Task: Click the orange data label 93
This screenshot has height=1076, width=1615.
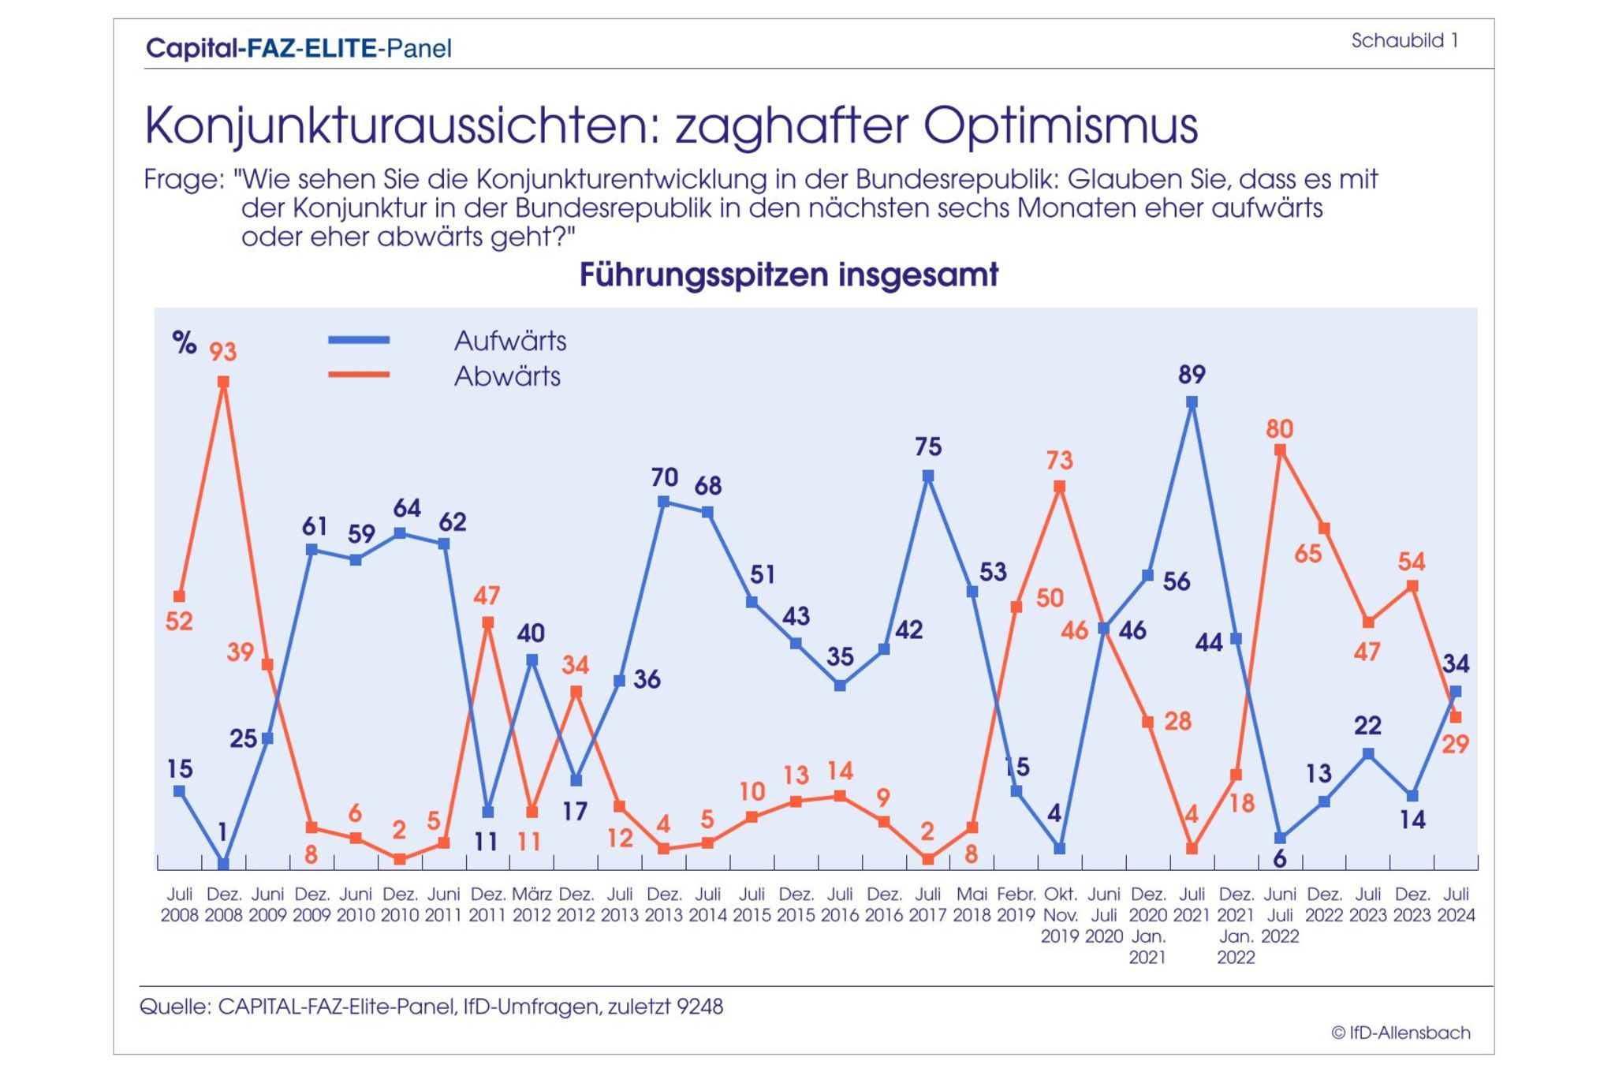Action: pos(222,352)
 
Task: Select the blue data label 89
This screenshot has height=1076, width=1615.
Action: pos(1192,375)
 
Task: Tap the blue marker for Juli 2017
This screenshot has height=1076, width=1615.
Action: pos(928,476)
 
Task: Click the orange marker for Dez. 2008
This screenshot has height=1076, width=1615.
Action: pos(223,382)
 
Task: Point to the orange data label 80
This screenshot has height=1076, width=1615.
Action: pos(1279,429)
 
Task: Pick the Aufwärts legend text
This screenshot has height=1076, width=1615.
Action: pos(510,341)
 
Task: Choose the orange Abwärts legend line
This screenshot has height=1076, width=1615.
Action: pos(359,375)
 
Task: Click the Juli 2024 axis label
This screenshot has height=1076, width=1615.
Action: pos(1456,905)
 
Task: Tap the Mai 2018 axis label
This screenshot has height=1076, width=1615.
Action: pos(972,905)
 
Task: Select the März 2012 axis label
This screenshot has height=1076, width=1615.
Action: pos(531,905)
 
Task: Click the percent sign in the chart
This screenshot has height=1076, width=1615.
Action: pos(184,342)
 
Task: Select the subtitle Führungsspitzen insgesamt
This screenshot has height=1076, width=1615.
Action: pos(789,275)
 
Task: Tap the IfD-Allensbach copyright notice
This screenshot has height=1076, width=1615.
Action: pos(1401,1033)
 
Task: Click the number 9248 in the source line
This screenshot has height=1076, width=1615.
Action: pos(699,1007)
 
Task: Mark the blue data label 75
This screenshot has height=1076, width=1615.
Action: pos(928,447)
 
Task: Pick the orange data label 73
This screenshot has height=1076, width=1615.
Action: pos(1059,461)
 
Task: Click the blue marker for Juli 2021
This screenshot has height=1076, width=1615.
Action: pos(1192,402)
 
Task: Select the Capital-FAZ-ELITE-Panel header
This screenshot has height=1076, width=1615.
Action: pos(299,49)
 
